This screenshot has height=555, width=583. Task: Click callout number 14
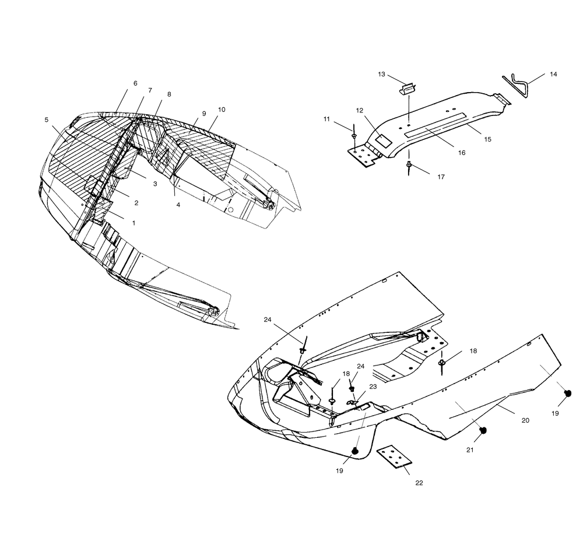[553, 75]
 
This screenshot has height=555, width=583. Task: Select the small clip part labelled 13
[408, 90]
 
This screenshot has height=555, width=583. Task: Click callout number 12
[359, 110]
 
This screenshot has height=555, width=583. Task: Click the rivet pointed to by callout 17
[409, 164]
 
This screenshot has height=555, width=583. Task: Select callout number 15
[487, 139]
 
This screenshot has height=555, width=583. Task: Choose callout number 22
[419, 483]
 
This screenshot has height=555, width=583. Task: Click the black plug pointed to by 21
[483, 430]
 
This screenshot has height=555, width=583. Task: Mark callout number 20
[525, 420]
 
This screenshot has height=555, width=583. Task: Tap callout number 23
[373, 387]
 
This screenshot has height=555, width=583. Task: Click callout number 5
[47, 120]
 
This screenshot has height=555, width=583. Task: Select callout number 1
[134, 223]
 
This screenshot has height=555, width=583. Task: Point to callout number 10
[221, 110]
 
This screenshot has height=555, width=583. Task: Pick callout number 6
[135, 83]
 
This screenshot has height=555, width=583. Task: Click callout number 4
[178, 205]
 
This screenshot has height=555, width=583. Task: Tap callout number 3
[155, 184]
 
